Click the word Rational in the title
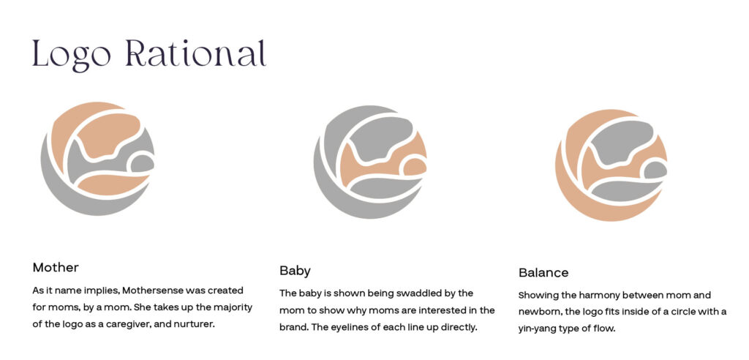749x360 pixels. point(196,53)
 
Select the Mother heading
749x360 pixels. point(56,267)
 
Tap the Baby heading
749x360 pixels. point(295,271)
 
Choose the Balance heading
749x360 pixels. point(543,273)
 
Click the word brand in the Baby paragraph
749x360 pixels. point(292,328)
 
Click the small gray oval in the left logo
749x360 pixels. point(143,163)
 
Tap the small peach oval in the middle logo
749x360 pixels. point(415,167)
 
